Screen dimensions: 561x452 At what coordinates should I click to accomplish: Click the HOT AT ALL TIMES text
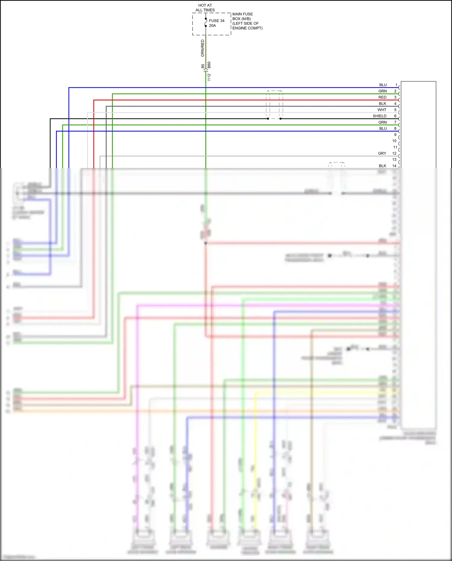coord(205,8)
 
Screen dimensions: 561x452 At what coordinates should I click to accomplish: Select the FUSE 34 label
coord(217,21)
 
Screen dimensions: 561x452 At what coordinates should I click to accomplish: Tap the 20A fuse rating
coord(212,26)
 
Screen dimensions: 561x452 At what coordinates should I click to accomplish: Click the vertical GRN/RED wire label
coord(202,48)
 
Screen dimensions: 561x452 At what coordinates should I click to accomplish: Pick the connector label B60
coord(209,65)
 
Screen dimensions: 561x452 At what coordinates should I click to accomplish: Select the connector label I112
coord(209,77)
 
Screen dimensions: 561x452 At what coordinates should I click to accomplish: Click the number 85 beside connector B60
coord(203,66)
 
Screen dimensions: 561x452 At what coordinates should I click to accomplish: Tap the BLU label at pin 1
coord(383,85)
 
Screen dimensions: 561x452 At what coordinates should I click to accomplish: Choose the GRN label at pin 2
coord(383,91)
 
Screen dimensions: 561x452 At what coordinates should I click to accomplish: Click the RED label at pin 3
coord(382,97)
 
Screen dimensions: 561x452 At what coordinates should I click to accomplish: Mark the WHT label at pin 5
coord(382,110)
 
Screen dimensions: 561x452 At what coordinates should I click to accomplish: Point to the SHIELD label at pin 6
coord(380,116)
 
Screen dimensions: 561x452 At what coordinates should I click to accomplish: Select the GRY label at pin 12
coord(382,153)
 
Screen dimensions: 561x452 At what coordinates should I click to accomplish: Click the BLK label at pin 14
coord(382,166)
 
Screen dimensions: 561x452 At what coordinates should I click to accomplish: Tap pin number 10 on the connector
coord(394,141)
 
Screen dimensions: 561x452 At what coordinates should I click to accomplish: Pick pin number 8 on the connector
coord(395,128)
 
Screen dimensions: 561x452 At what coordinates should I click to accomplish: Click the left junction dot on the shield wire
coord(268,119)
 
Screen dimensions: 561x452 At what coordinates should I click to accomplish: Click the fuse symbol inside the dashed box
coord(206,22)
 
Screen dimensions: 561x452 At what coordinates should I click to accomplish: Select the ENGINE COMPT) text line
coord(247,28)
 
